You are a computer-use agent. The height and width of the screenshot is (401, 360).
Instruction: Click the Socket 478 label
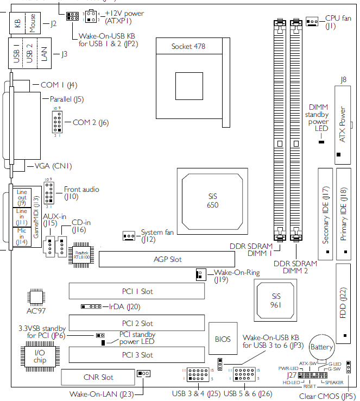tap(188, 46)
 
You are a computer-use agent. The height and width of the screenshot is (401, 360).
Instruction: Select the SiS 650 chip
tap(212, 200)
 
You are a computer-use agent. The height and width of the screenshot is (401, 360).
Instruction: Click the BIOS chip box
tap(223, 339)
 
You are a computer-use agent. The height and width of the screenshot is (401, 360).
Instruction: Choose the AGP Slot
tap(167, 260)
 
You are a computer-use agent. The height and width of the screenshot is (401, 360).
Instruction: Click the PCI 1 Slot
tap(136, 292)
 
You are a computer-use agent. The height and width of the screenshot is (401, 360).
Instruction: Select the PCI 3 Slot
tap(136, 355)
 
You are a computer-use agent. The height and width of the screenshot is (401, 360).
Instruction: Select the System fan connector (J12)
tap(129, 236)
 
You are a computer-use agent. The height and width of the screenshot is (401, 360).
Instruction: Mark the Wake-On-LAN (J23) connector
tap(144, 374)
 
